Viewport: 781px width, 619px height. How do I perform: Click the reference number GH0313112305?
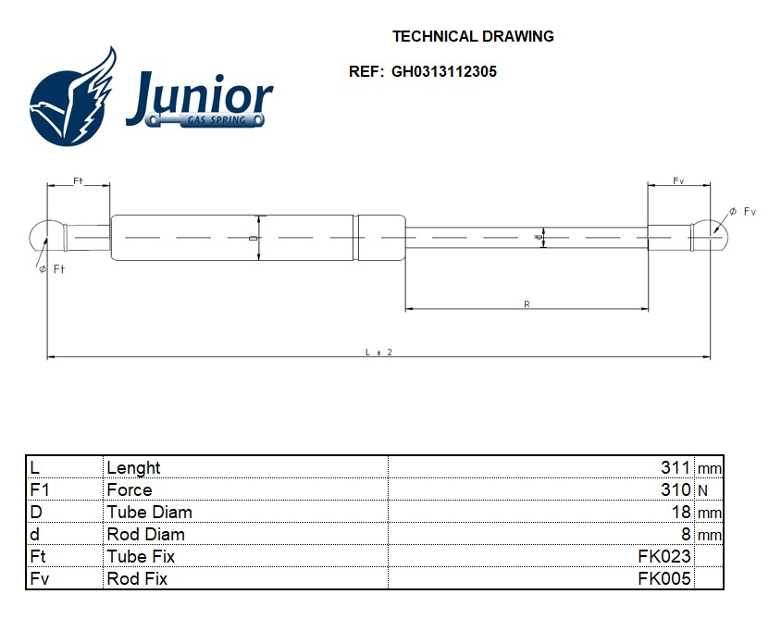[x=444, y=72]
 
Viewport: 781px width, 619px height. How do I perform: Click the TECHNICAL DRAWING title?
[x=473, y=36]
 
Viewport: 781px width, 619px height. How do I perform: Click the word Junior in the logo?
[x=199, y=95]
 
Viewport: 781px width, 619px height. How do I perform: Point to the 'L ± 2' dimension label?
[x=378, y=353]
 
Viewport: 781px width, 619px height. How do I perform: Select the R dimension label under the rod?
[x=527, y=303]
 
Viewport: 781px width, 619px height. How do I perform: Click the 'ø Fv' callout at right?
[x=742, y=212]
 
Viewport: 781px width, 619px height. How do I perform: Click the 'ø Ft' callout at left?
[x=52, y=269]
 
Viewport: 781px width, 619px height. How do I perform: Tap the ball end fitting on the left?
[x=47, y=237]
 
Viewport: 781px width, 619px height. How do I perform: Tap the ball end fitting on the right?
[x=709, y=236]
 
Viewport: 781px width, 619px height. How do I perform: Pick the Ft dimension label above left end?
[x=79, y=180]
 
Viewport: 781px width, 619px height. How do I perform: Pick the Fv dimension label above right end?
[x=678, y=180]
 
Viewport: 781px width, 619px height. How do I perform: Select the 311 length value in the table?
[x=675, y=467]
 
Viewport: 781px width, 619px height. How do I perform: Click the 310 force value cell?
[x=676, y=489]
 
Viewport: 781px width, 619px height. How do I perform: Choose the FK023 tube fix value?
[x=664, y=556]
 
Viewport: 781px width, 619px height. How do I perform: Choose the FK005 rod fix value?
[x=664, y=578]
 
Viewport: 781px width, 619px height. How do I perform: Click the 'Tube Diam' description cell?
[x=149, y=512]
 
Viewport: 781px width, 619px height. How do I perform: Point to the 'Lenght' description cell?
[x=133, y=468]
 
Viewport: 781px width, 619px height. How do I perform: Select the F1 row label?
[x=40, y=489]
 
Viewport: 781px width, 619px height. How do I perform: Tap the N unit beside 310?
[x=702, y=491]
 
